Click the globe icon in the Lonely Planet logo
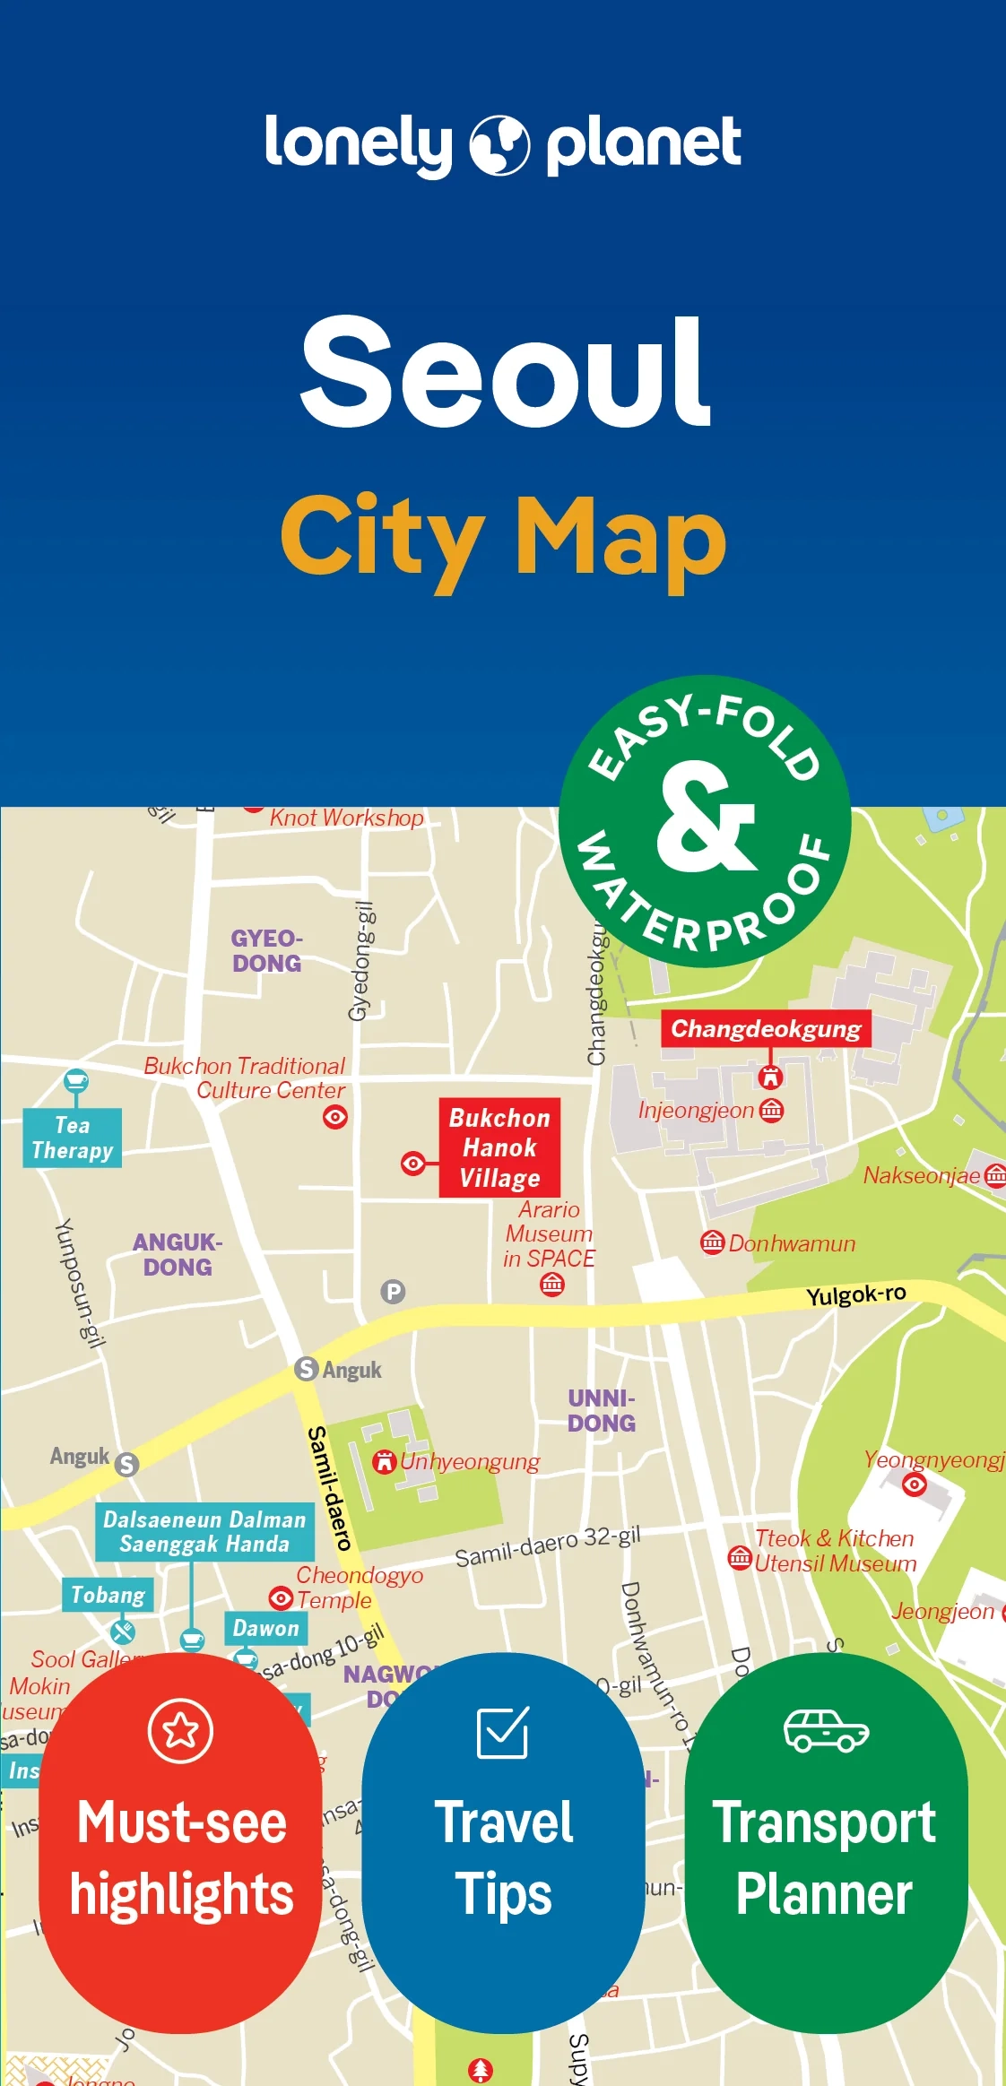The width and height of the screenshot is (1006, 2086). pyautogui.click(x=499, y=145)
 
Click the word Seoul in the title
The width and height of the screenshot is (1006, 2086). pyautogui.click(x=505, y=371)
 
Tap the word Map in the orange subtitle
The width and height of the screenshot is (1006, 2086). pyautogui.click(x=620, y=538)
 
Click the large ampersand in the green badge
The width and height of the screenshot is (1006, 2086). pyautogui.click(x=705, y=818)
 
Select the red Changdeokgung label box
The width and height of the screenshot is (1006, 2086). pyautogui.click(x=766, y=1028)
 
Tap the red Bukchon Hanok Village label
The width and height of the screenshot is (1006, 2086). pyautogui.click(x=499, y=1147)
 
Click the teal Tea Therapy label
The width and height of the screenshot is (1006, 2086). pyautogui.click(x=73, y=1138)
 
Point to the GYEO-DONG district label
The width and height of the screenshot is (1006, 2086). pyautogui.click(x=266, y=951)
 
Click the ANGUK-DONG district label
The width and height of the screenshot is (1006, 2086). pyautogui.click(x=178, y=1254)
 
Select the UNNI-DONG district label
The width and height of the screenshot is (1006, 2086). pyautogui.click(x=601, y=1410)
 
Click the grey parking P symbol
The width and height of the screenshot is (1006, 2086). pyautogui.click(x=393, y=1292)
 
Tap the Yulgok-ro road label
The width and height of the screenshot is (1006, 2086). pyautogui.click(x=855, y=1294)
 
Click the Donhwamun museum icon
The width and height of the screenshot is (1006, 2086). pyautogui.click(x=712, y=1242)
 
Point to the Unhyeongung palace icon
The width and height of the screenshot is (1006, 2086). pyautogui.click(x=385, y=1461)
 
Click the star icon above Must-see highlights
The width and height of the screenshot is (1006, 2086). pyautogui.click(x=180, y=1730)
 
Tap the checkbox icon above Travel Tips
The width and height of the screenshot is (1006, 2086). pyautogui.click(x=503, y=1732)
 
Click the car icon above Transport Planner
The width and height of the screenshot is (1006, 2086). pyautogui.click(x=826, y=1730)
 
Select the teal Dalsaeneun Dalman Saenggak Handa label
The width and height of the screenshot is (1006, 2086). pyautogui.click(x=204, y=1531)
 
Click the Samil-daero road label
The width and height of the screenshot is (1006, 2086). pyautogui.click(x=328, y=1488)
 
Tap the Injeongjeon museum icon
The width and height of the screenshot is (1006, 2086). pyautogui.click(x=771, y=1110)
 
